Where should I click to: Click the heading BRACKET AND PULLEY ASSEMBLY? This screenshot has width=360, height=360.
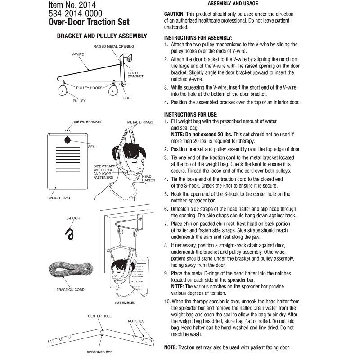(102, 36)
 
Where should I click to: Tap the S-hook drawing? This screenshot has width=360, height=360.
(70, 233)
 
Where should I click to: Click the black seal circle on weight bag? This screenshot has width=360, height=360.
(67, 140)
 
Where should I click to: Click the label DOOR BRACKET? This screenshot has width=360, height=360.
(135, 75)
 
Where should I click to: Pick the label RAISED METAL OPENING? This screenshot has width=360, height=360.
(114, 47)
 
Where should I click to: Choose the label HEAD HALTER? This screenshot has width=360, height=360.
(149, 179)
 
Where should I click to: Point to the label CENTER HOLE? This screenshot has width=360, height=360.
(100, 316)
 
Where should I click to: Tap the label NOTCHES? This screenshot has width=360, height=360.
(135, 321)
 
